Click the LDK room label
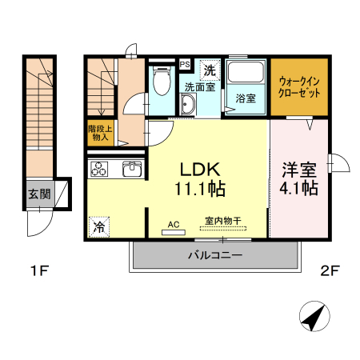199,170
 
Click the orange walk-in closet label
298,86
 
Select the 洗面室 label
200,87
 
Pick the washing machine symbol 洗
209,70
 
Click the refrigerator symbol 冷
99,227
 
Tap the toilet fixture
160,80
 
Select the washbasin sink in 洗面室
189,105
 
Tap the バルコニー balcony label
214,255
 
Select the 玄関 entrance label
39,193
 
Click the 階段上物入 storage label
99,132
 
